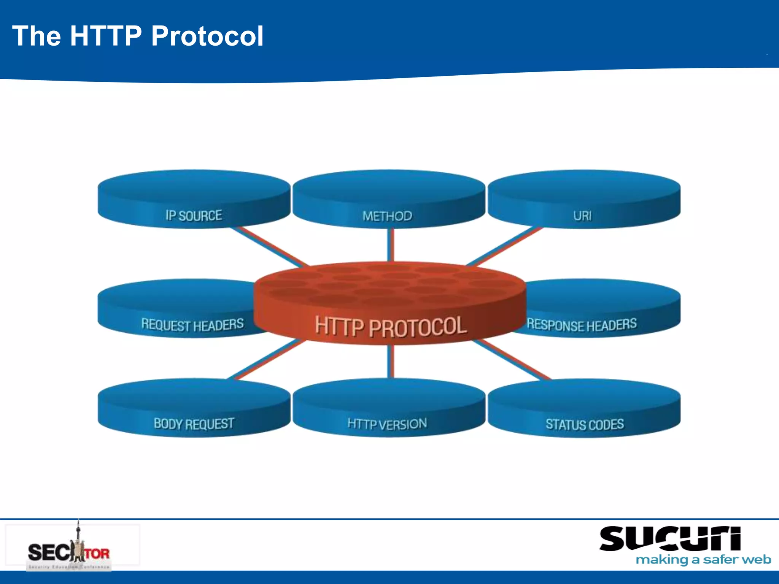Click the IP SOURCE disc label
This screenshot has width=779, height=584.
tap(194, 216)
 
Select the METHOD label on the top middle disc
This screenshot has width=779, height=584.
tap(387, 216)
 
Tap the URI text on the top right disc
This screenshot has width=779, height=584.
tap(582, 216)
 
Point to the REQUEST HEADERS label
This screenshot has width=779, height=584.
tap(192, 325)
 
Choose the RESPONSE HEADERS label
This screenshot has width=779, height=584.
tap(582, 325)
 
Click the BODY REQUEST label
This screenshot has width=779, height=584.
tap(194, 424)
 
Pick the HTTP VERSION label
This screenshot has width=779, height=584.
tap(387, 424)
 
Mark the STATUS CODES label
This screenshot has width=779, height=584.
tap(585, 424)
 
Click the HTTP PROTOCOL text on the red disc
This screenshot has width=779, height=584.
tap(391, 326)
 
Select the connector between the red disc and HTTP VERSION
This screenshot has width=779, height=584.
tap(391, 361)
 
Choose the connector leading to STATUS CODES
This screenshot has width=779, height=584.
tap(512, 359)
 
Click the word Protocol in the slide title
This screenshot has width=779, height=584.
tap(207, 36)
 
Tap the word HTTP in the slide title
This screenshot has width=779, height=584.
tap(106, 36)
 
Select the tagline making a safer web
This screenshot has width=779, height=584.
tap(703, 560)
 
